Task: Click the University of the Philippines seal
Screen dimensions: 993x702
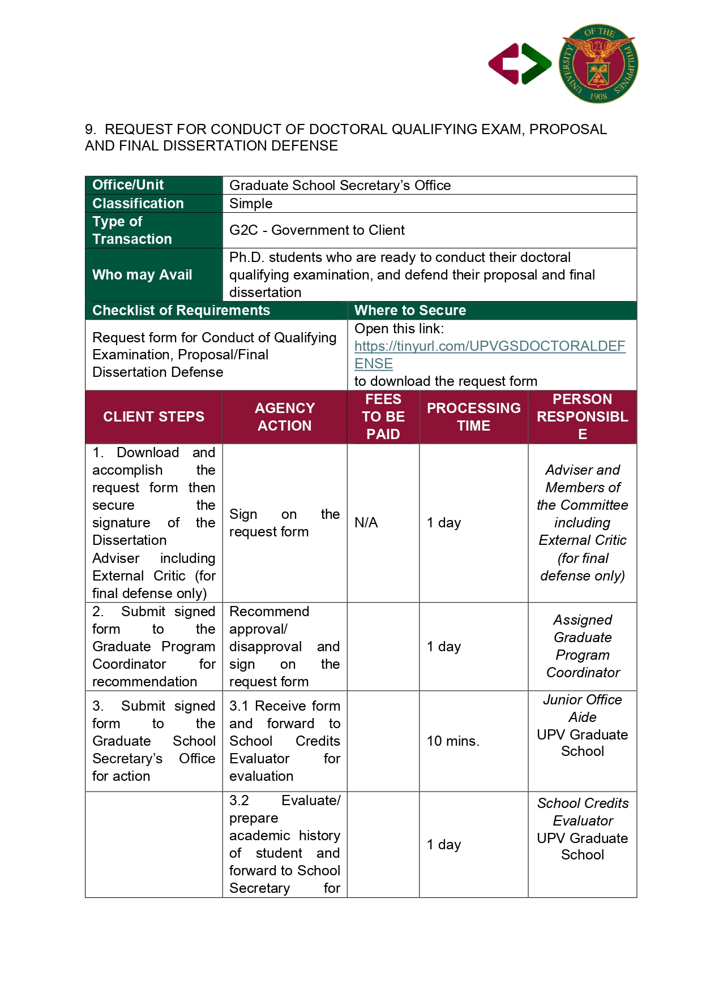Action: click(598, 63)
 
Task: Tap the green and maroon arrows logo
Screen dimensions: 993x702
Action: click(520, 64)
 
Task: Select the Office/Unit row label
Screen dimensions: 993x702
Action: click(128, 185)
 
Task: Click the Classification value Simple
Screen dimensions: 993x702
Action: click(251, 204)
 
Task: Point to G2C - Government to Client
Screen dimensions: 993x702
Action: click(316, 230)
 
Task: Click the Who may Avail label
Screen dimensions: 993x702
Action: click(142, 275)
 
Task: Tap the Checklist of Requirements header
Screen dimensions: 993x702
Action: click(181, 311)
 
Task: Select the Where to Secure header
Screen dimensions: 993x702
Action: click(410, 311)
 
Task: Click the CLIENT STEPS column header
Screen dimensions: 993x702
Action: click(153, 417)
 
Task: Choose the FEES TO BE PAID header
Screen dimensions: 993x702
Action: click(383, 417)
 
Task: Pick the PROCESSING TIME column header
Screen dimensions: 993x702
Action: click(473, 417)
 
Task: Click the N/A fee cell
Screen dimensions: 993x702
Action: click(366, 523)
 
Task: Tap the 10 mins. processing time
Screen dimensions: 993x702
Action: click(453, 741)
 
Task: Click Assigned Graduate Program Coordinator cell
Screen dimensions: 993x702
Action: click(583, 646)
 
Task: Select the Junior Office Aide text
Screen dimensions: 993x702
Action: click(583, 708)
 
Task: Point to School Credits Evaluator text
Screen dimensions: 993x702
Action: click(583, 812)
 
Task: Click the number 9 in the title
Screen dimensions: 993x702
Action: click(89, 130)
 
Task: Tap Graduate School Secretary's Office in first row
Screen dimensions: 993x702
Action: click(340, 186)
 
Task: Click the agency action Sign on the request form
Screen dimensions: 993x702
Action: click(284, 523)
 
